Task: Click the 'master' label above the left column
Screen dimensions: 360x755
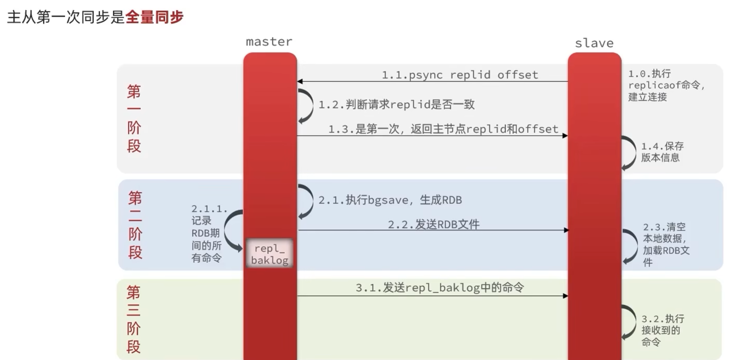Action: coord(269,42)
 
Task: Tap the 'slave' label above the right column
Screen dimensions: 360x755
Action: coord(594,43)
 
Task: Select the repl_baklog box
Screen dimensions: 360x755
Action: coord(269,254)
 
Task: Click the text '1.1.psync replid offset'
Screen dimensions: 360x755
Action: coord(460,75)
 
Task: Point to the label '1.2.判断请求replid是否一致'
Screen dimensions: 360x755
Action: coord(396,105)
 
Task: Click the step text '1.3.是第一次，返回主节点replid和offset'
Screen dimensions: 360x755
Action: coord(443,129)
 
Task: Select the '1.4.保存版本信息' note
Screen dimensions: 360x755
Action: coord(662,152)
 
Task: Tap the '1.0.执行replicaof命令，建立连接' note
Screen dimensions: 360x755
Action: coord(665,85)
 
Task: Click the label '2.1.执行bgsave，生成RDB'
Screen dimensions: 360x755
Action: coord(390,200)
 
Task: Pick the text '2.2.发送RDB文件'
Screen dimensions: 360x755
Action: coord(433,224)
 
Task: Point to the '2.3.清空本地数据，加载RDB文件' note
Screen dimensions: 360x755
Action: coord(665,245)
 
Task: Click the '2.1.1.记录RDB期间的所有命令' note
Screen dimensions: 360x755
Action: coord(208,234)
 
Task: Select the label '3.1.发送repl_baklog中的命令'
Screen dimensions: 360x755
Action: coord(439,288)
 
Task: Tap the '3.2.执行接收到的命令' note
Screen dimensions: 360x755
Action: coord(662,330)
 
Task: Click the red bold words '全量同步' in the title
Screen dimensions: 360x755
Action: coord(154,17)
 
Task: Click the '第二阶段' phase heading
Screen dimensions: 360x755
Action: coord(135,225)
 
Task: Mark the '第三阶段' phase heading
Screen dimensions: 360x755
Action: coord(133,319)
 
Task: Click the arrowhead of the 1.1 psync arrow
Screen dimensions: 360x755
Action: coord(300,82)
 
